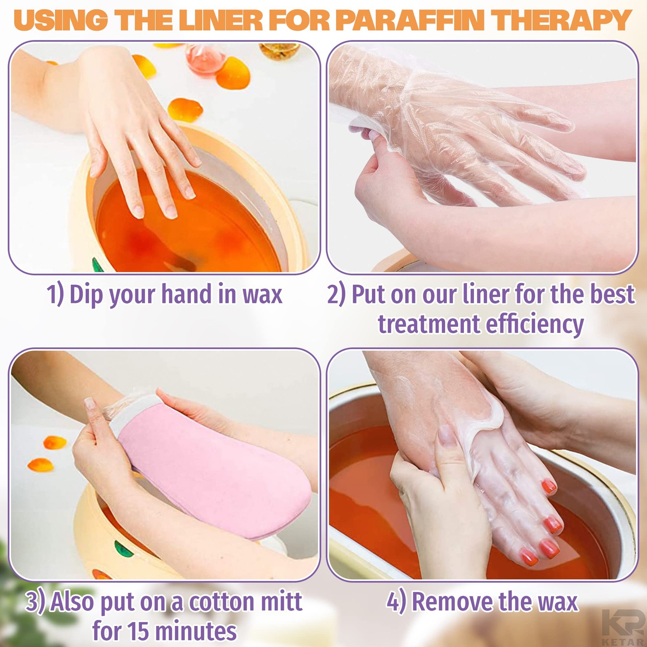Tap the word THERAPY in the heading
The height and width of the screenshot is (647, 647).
(x=561, y=20)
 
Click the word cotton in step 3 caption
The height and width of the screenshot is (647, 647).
(x=222, y=602)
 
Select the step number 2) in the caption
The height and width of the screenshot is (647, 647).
(x=336, y=294)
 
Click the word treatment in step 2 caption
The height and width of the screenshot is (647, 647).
(x=428, y=324)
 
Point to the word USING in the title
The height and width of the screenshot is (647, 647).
(x=61, y=20)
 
